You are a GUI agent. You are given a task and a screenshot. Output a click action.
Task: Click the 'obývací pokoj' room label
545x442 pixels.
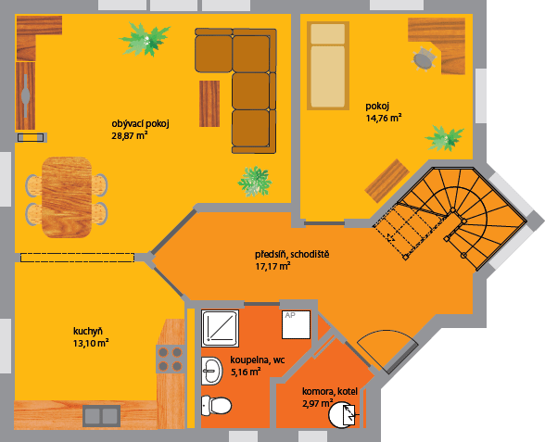[x=141, y=124]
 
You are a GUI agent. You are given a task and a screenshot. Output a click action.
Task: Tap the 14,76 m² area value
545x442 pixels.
[x=384, y=118]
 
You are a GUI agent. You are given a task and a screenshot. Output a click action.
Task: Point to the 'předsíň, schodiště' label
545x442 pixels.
[x=292, y=254]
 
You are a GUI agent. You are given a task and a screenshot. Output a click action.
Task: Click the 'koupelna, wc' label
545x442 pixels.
[x=258, y=360]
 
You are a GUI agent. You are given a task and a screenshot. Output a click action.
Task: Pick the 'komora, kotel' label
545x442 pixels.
[x=330, y=392]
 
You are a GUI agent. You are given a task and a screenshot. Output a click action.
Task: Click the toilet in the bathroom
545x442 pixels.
[x=216, y=405]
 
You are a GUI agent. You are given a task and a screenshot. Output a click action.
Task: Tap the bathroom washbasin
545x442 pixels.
[x=211, y=371]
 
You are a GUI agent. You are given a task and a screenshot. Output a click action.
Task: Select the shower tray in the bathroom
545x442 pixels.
[x=220, y=328]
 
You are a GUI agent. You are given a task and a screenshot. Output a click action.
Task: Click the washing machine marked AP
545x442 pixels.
[x=297, y=324]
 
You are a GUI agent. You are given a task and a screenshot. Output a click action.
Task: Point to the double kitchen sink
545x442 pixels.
[x=102, y=416]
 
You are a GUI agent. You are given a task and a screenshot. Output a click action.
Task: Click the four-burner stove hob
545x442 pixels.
[x=171, y=359]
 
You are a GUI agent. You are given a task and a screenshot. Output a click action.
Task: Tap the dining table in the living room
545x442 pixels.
[x=67, y=197]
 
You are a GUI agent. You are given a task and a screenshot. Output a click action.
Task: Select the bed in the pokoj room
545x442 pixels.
[x=328, y=66]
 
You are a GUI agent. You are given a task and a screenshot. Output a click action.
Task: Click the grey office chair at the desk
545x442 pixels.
[x=425, y=59]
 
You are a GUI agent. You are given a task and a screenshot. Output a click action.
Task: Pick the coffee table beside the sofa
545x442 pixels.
[x=209, y=104]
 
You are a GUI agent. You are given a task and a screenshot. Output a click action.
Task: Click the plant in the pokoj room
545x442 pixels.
[x=445, y=138]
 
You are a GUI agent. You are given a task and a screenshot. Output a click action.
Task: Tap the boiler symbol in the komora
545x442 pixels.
[x=343, y=414]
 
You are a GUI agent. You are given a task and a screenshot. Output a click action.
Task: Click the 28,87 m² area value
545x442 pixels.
[x=130, y=136]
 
